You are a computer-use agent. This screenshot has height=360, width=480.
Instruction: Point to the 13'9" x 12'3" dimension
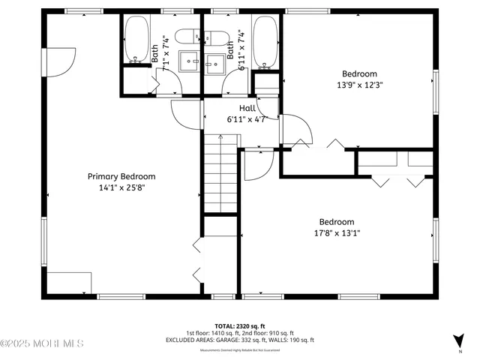pyautogui.click(x=359, y=85)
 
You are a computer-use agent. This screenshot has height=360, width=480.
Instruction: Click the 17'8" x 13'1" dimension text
pyautogui.click(x=337, y=233)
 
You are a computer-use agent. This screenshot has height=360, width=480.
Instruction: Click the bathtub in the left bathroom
pyautogui.click(x=136, y=39)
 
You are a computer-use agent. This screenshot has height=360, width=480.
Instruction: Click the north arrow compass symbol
pyautogui.click(x=457, y=341)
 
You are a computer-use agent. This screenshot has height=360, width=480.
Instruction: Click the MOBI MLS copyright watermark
pyautogui.click(x=42, y=343)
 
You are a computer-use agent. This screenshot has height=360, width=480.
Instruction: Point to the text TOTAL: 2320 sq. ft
pyautogui.click(x=240, y=327)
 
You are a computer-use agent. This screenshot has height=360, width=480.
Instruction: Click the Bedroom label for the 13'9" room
pyautogui.click(x=359, y=73)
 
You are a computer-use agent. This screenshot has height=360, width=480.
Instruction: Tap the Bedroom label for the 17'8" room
pyautogui.click(x=337, y=222)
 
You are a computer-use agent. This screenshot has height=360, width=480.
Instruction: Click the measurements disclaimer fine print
pyautogui.click(x=240, y=350)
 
